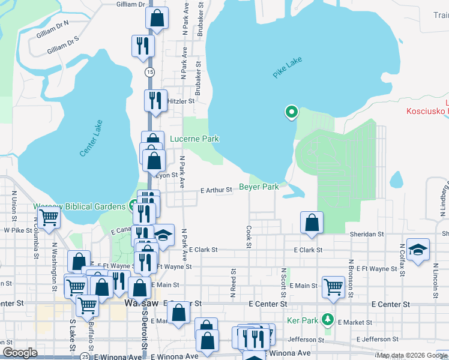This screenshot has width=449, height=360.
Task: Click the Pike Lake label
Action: click(288, 67)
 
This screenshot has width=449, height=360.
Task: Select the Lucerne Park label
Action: click(194, 139)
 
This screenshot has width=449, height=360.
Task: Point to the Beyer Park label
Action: click(259, 187)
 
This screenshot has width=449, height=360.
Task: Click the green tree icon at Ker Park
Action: click(327, 318)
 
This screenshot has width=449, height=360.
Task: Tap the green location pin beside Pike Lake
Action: click(291, 112)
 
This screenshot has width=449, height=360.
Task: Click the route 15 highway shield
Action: click(149, 71)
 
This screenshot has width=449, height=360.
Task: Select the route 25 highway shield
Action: click(86, 356)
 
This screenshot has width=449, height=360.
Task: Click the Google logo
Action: click(20, 353)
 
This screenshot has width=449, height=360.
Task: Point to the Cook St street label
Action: click(249, 236)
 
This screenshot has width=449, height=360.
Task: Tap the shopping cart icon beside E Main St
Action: click(333, 287)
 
